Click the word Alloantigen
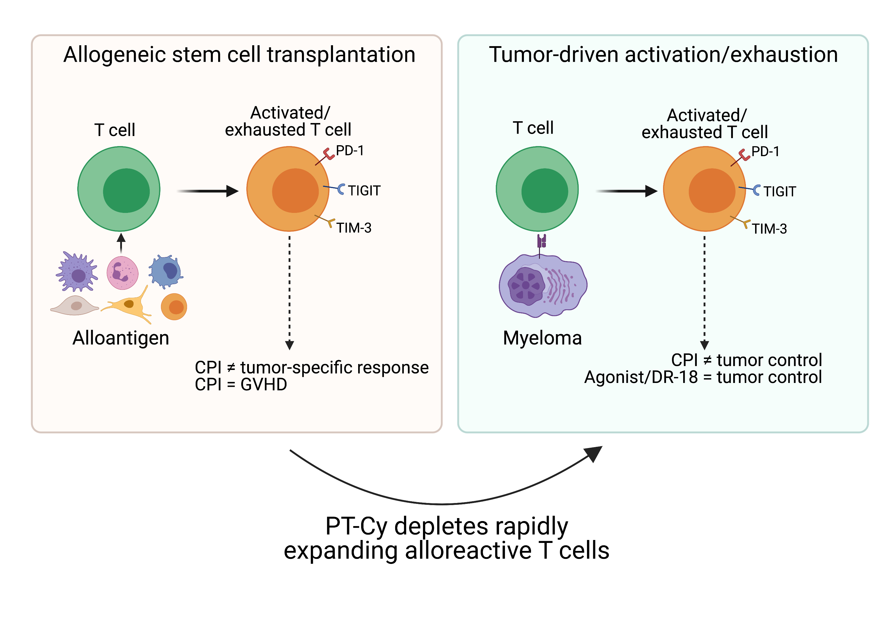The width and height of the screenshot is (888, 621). click(x=121, y=338)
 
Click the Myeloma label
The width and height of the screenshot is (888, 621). click(x=542, y=338)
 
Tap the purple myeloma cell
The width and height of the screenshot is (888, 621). click(x=543, y=286)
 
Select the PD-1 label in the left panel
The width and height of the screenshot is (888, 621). click(x=350, y=151)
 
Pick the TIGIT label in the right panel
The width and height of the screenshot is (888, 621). click(x=779, y=192)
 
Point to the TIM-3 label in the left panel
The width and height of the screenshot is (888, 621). click(x=353, y=228)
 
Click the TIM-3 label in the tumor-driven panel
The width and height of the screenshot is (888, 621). click(x=769, y=229)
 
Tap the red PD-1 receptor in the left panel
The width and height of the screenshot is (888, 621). click(x=328, y=154)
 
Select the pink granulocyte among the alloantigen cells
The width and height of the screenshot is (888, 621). click(x=122, y=273)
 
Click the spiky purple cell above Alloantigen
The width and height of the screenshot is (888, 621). click(x=77, y=272)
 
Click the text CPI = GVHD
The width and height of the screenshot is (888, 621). click(x=241, y=384)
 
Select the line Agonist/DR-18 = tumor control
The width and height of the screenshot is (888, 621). click(x=703, y=377)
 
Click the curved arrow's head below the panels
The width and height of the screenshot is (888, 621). click(x=594, y=453)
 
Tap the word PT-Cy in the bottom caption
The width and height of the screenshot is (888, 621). click(x=356, y=526)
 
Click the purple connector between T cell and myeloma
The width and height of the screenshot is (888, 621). click(x=541, y=242)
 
